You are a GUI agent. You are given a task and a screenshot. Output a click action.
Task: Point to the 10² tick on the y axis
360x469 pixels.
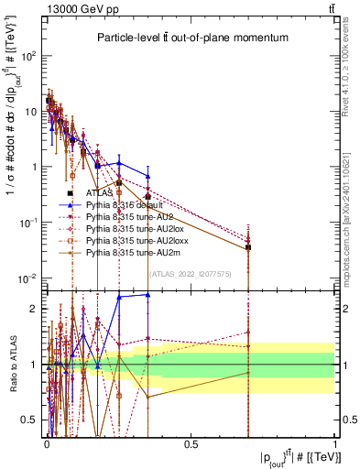pyautogui.click(x=30, y=56)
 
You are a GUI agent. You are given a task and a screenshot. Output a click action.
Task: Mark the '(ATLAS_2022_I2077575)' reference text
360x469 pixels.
pyautogui.click(x=191, y=273)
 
